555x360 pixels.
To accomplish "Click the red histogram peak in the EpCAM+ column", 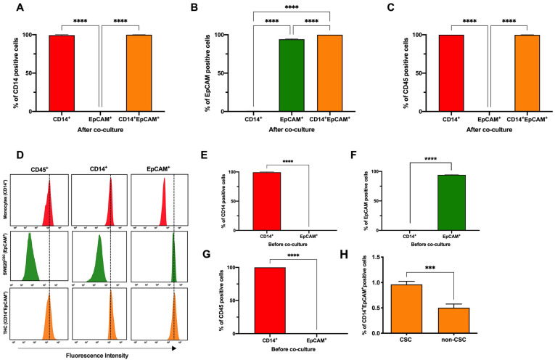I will tap(164, 195).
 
